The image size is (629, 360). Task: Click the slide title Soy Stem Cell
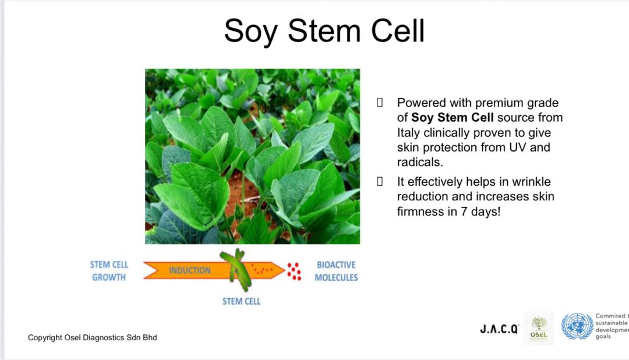[324, 31]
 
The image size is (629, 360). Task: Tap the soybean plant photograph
[252, 156]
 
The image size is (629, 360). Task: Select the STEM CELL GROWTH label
[109, 271]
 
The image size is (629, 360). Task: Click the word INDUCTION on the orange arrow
[189, 270]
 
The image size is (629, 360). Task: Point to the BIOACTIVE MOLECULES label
[336, 271]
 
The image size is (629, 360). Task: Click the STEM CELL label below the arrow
[242, 301]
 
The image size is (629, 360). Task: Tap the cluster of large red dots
[295, 271]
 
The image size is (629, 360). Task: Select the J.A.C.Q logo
[499, 329]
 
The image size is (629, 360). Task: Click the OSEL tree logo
[539, 329]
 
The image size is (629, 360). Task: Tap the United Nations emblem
[577, 326]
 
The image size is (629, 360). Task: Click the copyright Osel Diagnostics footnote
[92, 337]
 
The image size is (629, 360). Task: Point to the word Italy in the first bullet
[409, 132]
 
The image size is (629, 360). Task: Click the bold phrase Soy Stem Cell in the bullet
[452, 118]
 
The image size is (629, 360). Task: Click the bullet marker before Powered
[380, 103]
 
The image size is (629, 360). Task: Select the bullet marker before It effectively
[380, 182]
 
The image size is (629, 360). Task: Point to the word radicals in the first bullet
[420, 162]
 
